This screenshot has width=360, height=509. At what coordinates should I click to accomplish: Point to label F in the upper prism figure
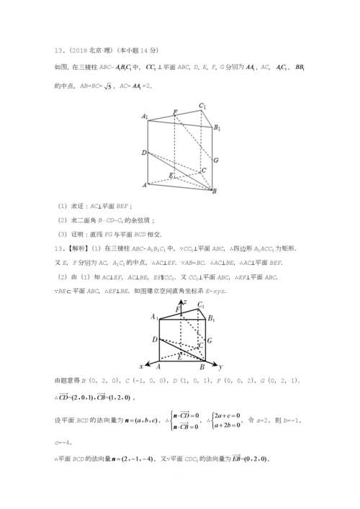[175, 112]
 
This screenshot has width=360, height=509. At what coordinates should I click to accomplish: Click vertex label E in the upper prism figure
[171, 175]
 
